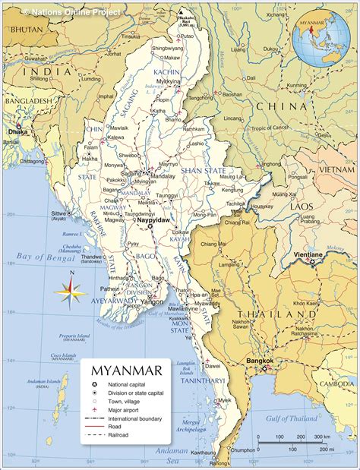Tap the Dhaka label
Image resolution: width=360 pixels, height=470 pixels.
[17, 131]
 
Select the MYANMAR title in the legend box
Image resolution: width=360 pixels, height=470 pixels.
[126, 371]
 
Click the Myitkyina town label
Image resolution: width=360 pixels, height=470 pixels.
[168, 80]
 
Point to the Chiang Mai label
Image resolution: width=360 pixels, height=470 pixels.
[213, 244]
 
